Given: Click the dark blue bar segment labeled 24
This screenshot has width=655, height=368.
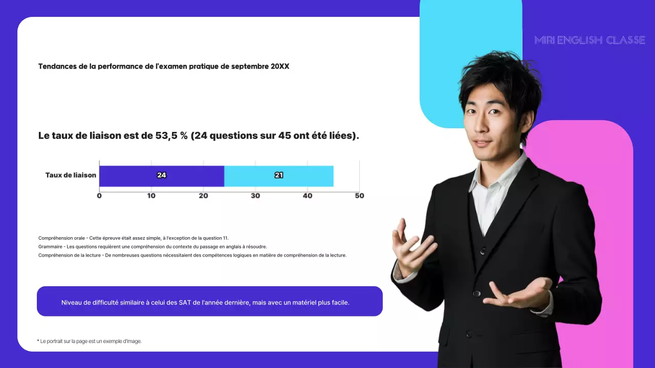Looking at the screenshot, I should tap(162, 176).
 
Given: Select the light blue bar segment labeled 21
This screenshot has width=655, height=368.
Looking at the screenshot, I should tap(279, 176).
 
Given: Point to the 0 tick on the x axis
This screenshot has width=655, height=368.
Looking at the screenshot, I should tap(99, 196).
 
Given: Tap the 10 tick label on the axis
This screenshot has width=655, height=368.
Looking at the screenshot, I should tap(151, 196).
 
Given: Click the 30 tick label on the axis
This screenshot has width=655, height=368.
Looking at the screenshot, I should tap(255, 196).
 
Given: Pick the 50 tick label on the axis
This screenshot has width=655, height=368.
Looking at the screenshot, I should tap(359, 196).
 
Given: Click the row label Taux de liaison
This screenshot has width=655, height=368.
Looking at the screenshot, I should tap(71, 175).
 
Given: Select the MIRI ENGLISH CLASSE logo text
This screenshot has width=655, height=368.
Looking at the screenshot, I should tap(589, 40).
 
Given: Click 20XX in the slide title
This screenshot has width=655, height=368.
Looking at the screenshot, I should tap(280, 66).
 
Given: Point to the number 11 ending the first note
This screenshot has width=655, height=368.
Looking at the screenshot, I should tap(226, 238).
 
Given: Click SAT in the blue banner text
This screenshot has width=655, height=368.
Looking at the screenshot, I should tap(185, 302).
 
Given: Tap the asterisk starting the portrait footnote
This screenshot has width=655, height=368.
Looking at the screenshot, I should tap(38, 340).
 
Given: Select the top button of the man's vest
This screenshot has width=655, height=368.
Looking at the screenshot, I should tap(483, 251).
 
